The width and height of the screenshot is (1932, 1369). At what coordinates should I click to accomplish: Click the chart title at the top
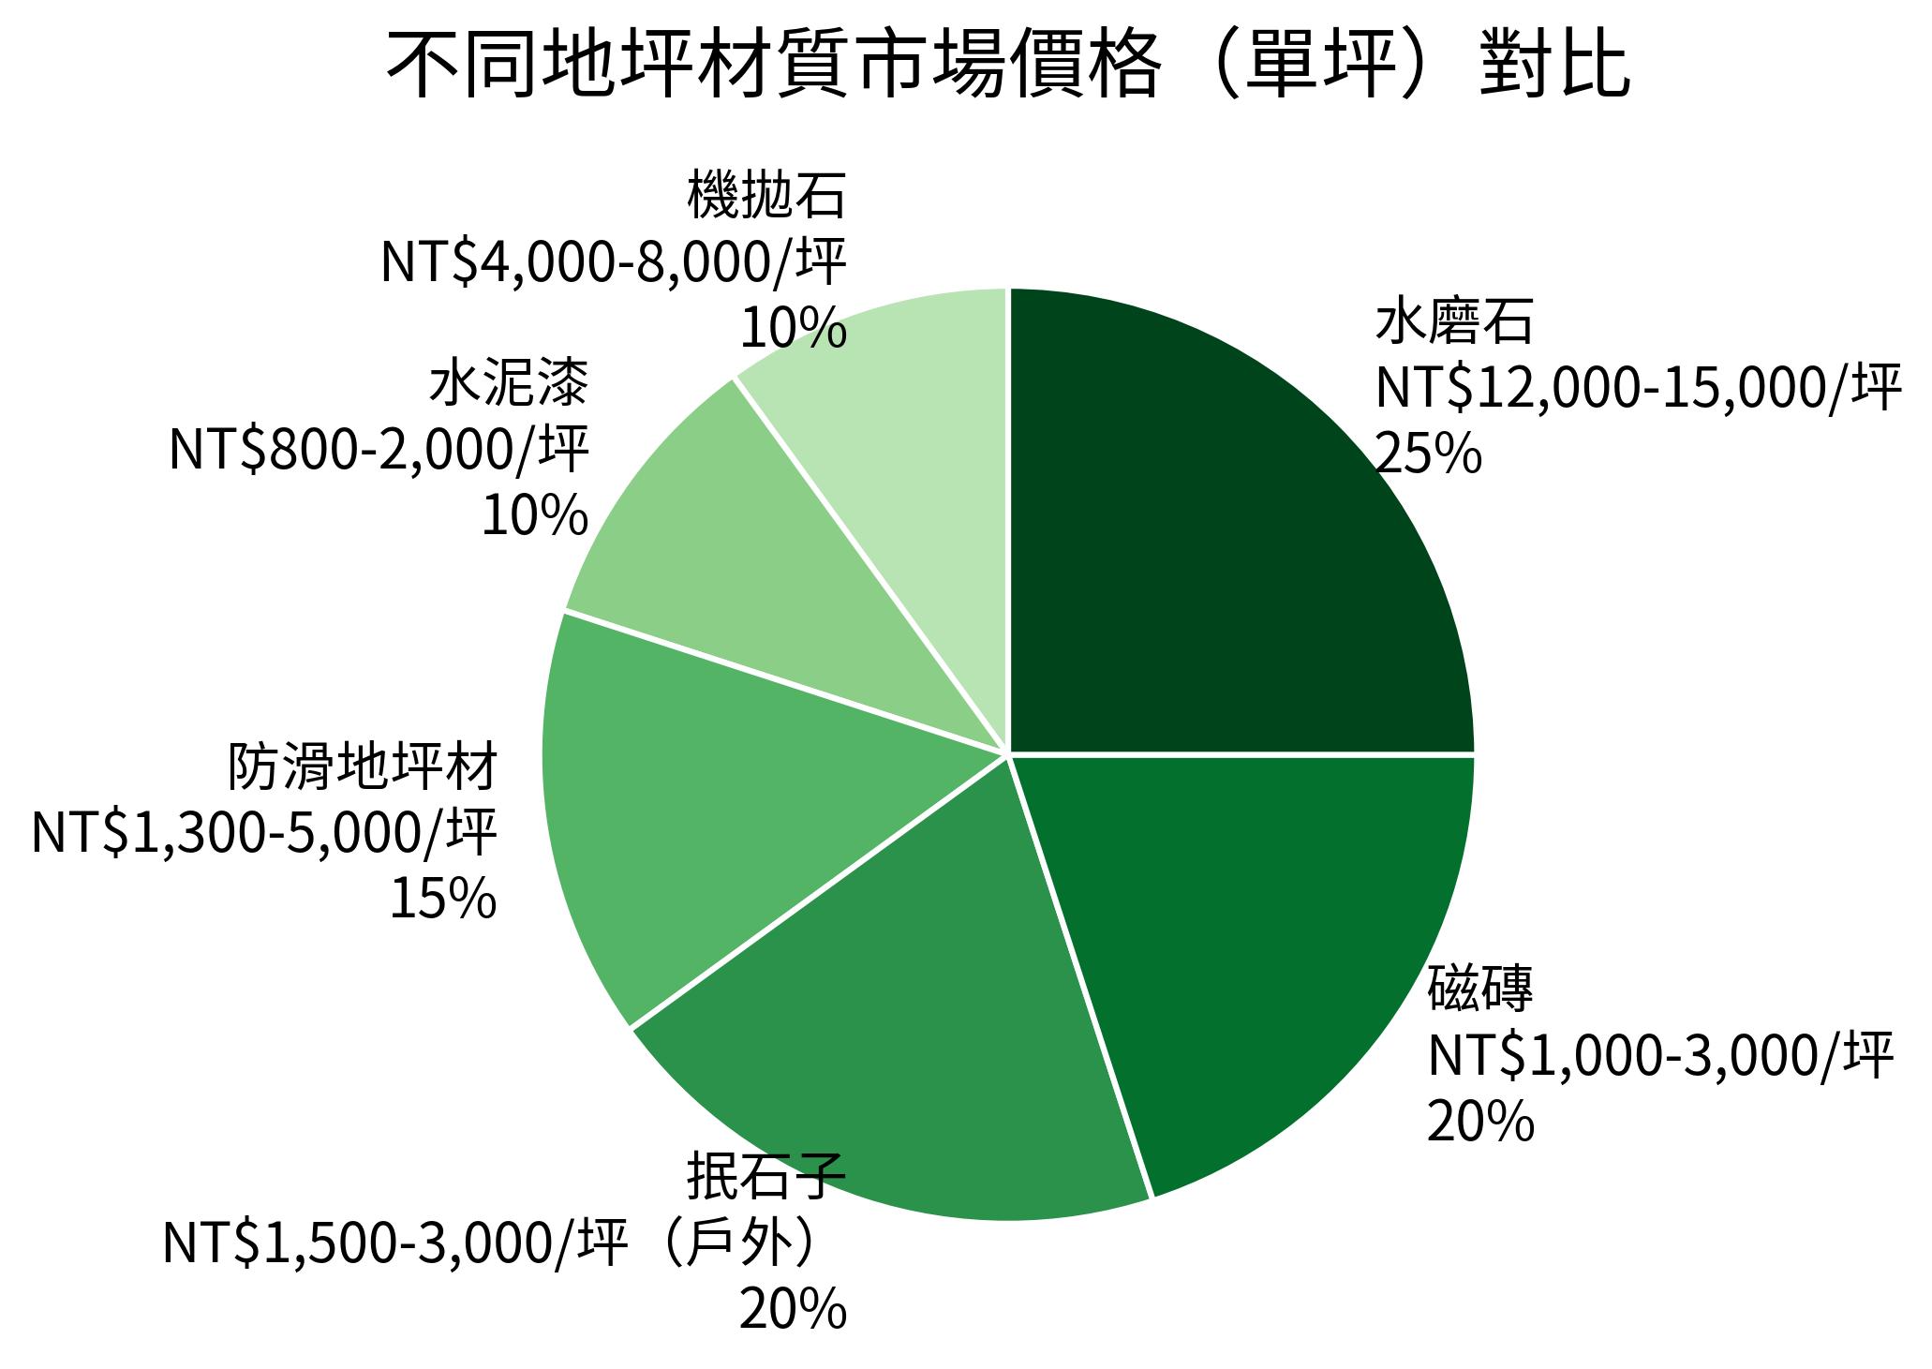coord(1007,66)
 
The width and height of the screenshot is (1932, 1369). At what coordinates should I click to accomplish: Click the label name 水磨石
coord(1454,323)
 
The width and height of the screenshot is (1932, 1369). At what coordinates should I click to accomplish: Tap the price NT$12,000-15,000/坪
coord(1638,388)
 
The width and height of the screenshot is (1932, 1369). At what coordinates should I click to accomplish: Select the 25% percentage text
coord(1429,454)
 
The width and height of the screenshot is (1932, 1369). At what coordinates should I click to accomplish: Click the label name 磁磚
coord(1480,990)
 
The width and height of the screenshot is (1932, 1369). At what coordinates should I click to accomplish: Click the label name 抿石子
coord(766,1178)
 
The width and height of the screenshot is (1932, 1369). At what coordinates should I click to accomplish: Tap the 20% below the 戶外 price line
coord(793,1310)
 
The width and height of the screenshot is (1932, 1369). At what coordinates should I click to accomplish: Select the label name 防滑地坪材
coord(363,767)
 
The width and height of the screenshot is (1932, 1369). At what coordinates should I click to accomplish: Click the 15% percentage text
coord(442,898)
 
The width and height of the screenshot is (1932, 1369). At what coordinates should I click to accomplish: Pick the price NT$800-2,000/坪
coord(379,450)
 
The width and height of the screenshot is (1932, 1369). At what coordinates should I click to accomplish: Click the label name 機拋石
coord(766,195)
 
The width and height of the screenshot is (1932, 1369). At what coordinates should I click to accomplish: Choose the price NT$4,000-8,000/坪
coord(614,262)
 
